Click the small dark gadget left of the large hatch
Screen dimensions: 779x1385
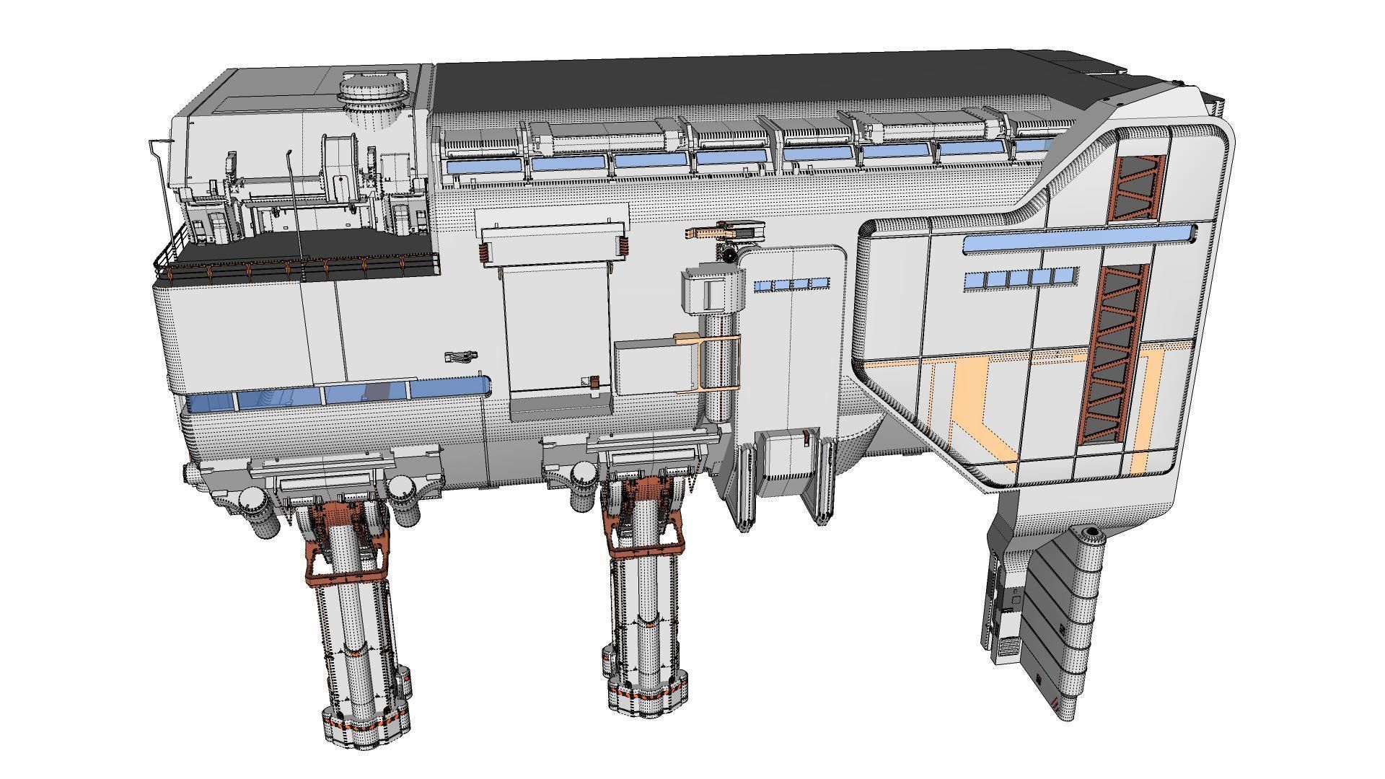click(x=461, y=356)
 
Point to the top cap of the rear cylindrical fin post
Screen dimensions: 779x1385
click(x=1091, y=532)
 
